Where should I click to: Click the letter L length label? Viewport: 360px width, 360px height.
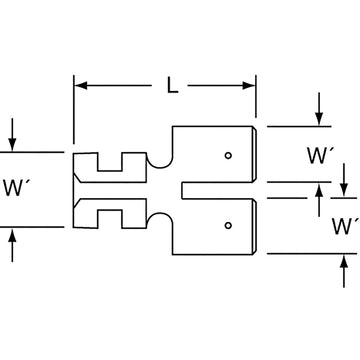172,87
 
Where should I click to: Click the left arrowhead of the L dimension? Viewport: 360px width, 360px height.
81,87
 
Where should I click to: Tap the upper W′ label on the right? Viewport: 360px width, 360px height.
321,157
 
